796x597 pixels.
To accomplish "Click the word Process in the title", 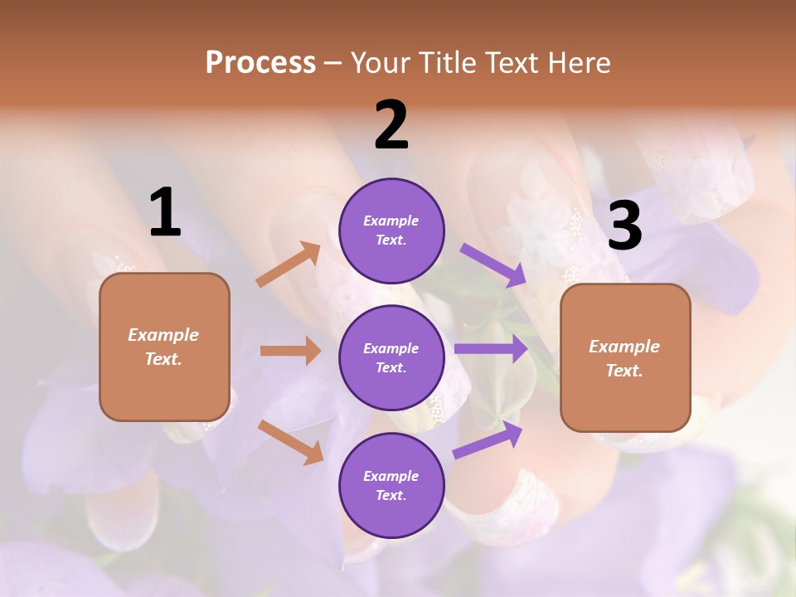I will click(260, 63).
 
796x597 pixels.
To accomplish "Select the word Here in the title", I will click(578, 63).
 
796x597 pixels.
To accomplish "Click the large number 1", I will click(165, 212).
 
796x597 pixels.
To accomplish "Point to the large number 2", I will click(391, 124).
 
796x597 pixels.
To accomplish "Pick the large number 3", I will click(625, 226).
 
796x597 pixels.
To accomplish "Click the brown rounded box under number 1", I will click(164, 347).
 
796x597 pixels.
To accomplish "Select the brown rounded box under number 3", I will click(625, 358).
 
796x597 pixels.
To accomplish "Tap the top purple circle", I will click(391, 231).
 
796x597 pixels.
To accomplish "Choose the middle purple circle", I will click(391, 358).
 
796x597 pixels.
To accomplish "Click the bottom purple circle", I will click(391, 486).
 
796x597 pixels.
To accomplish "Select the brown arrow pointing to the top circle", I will click(289, 265).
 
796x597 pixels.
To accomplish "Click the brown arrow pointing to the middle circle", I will click(290, 351).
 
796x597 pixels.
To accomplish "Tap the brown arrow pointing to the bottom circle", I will click(291, 442).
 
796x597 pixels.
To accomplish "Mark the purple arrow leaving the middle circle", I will click(492, 349).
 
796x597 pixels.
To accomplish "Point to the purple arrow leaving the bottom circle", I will click(488, 440).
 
